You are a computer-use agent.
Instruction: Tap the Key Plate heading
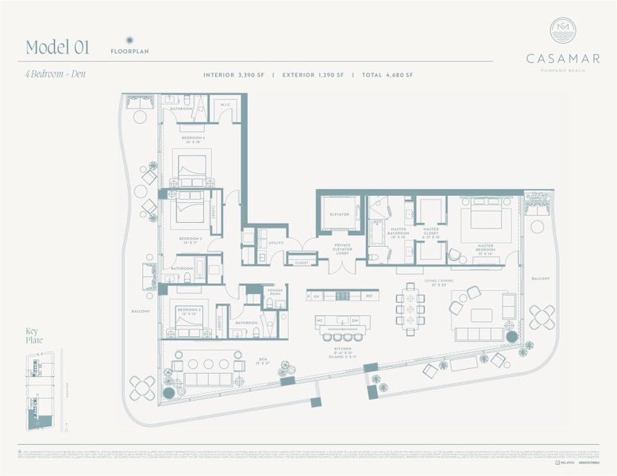pos(33,336)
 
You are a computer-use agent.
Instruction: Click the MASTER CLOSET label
pos(431,232)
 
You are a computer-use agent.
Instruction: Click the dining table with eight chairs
pos(410,302)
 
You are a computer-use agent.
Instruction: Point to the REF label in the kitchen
pos(368,295)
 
